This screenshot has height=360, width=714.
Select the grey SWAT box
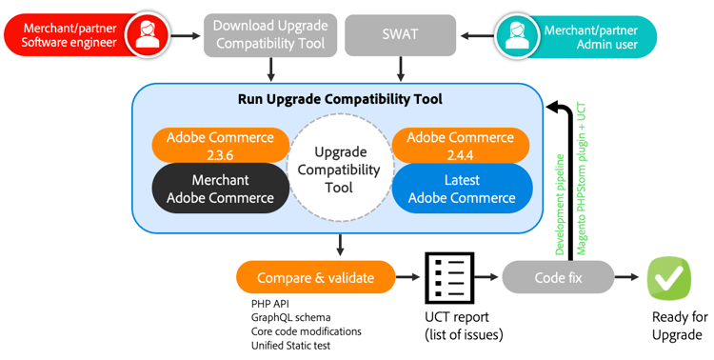click(x=400, y=34)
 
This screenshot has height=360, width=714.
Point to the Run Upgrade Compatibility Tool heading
click(x=339, y=99)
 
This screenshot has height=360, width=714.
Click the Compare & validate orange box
click(x=315, y=277)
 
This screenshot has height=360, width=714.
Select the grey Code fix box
click(x=557, y=277)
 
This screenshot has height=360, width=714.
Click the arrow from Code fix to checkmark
click(x=626, y=277)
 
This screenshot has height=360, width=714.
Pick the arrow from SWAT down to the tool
click(x=400, y=68)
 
